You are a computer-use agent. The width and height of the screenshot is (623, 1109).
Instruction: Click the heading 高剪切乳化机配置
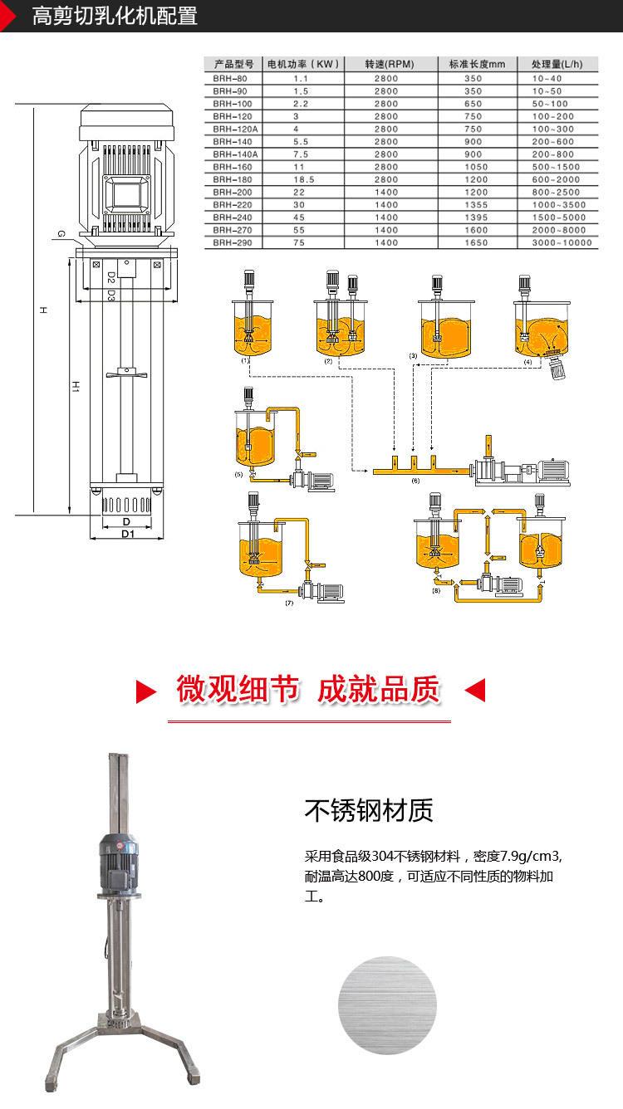[115, 16]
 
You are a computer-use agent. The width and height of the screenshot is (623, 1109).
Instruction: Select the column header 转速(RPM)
[389, 64]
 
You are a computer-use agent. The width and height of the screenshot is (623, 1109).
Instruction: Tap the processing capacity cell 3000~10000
[562, 243]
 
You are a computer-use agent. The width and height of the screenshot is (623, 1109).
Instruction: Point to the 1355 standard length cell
[477, 204]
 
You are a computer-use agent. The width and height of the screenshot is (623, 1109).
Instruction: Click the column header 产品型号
[233, 64]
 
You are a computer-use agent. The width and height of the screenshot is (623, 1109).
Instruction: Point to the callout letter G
[61, 235]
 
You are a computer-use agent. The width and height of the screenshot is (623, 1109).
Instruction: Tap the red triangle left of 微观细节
[146, 690]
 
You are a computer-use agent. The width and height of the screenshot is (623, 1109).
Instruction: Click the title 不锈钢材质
[369, 810]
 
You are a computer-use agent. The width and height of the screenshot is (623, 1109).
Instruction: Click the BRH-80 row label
[224, 77]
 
